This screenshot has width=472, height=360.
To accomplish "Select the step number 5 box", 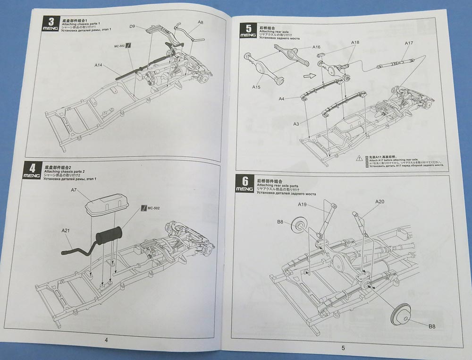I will (x=245, y=29).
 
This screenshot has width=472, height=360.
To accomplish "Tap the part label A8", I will (x=200, y=22).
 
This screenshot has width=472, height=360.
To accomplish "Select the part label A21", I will (x=66, y=230).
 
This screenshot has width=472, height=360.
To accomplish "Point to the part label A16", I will (x=316, y=47).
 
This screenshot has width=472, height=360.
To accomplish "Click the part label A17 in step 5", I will (x=409, y=43).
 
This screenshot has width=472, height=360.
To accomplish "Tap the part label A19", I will (x=303, y=204).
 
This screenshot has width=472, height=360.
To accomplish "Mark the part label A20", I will (x=380, y=201).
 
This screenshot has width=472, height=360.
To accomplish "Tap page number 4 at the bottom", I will (x=106, y=339).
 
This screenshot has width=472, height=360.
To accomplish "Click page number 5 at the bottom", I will (x=343, y=348).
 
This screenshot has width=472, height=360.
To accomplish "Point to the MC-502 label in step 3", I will (x=120, y=46).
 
